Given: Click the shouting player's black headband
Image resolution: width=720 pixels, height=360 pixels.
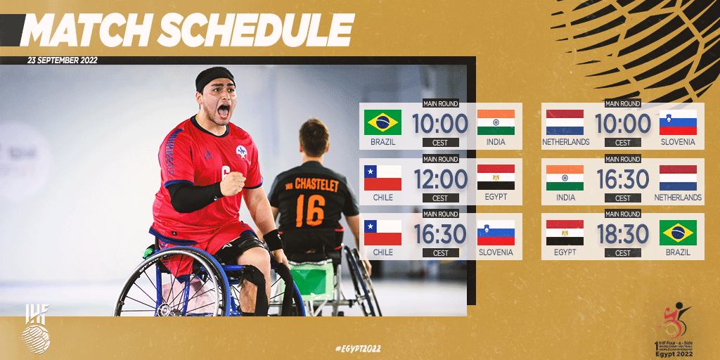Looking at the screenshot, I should click(x=214, y=75).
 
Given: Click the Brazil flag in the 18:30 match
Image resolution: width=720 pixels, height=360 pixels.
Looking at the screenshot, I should click(x=678, y=232).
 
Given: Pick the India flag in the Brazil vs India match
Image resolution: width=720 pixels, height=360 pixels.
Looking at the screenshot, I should click(x=496, y=122).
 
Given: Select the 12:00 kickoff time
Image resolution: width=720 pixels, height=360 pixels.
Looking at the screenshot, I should click(x=440, y=179).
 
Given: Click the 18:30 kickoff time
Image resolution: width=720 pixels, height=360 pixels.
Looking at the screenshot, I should click(x=623, y=234).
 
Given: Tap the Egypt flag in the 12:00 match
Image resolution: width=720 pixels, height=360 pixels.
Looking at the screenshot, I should click(x=496, y=177).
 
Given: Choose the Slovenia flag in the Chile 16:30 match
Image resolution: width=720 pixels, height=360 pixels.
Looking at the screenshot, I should click(x=496, y=233).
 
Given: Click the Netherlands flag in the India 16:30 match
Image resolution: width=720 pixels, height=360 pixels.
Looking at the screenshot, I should click(x=678, y=177).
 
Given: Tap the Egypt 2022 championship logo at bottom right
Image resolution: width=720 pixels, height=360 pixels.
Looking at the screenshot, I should click(x=673, y=329).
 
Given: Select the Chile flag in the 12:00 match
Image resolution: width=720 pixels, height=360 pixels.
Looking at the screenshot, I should click(x=382, y=177).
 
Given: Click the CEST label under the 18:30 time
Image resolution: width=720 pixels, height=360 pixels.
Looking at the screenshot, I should click(x=623, y=253).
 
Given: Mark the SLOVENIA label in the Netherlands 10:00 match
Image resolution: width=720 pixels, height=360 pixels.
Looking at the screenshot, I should click(x=678, y=142).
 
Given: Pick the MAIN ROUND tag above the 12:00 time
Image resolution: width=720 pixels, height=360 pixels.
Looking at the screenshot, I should click(x=440, y=159).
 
